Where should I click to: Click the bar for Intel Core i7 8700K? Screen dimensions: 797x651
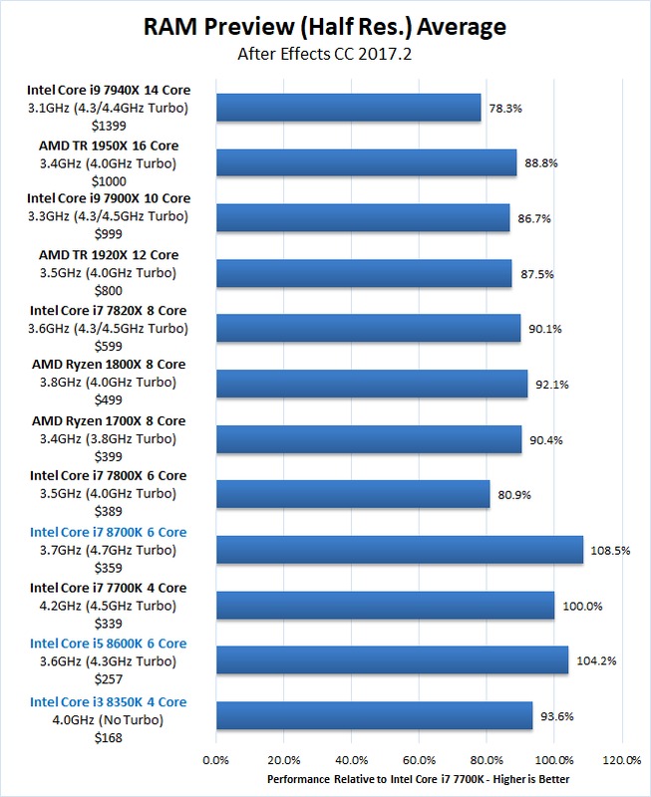399,550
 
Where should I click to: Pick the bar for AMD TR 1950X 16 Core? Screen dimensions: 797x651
366,162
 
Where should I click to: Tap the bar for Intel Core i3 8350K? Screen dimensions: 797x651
374,715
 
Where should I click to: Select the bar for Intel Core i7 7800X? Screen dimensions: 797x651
352,494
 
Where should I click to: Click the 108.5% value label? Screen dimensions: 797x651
610,550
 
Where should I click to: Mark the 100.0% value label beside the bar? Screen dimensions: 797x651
582,605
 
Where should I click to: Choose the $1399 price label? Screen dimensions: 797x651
109,126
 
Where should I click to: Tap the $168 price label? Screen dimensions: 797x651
109,735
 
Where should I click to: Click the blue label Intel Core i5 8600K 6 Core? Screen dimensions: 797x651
109,644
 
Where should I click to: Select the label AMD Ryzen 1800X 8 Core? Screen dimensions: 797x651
109,365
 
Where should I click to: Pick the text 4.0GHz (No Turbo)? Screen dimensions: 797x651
109,719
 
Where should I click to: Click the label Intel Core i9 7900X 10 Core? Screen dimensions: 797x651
109,198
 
